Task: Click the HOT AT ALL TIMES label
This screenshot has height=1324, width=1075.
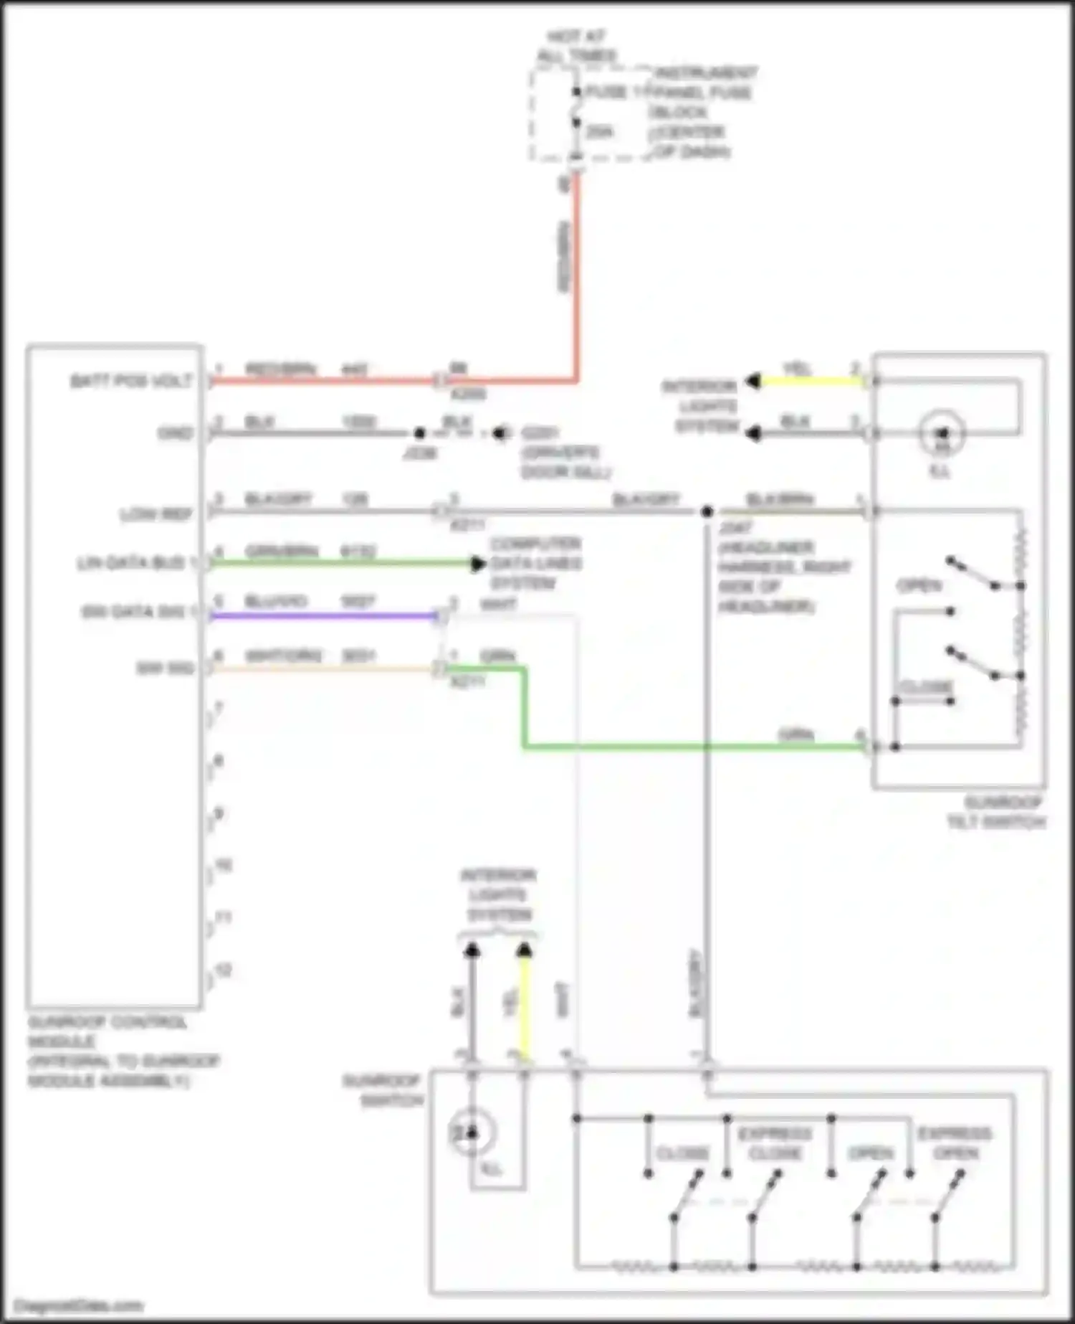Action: coord(578,46)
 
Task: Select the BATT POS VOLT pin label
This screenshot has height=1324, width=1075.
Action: coord(131,381)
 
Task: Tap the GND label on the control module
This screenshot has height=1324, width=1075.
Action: coord(176,433)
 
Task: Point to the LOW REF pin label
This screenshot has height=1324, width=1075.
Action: coord(156,514)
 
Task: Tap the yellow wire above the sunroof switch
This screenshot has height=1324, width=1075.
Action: coord(525,1004)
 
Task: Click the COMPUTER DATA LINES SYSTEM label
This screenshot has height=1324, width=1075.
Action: coord(535,563)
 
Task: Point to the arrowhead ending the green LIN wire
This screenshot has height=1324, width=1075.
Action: coord(478,564)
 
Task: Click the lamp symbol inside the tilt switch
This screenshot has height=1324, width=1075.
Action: coord(942,432)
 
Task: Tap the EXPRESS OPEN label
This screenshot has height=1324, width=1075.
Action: coord(955,1143)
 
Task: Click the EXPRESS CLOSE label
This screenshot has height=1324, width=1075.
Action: coord(775,1143)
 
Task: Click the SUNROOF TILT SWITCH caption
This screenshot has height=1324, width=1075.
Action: coord(998,812)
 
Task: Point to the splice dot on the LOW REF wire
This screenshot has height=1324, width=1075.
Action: coord(707,511)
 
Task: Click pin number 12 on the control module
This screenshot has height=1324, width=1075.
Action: coord(224,970)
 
